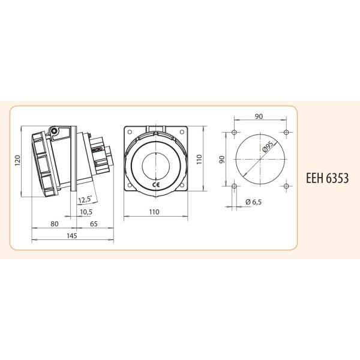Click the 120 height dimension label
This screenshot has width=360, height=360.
tap(18, 161)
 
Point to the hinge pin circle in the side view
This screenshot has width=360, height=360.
tap(54, 131)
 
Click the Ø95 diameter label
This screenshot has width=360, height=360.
tap(268, 147)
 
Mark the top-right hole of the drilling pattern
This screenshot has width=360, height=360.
tap(286, 132)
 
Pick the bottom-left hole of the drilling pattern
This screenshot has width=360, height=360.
tap(233, 186)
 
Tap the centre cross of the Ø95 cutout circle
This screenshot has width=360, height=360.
tap(260, 159)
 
